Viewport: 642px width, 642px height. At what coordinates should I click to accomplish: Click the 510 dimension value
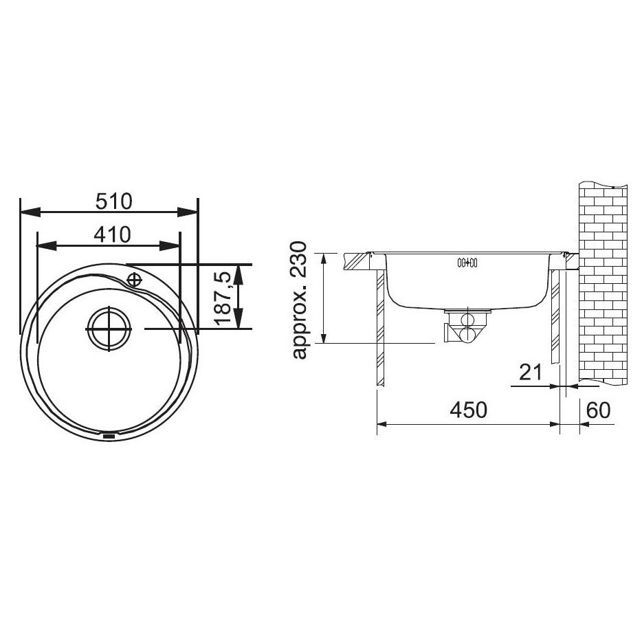114,201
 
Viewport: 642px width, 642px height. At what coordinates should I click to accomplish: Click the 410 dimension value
112,234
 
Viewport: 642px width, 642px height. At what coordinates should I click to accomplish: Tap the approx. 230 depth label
299,300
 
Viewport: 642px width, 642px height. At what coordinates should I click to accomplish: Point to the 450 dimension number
468,410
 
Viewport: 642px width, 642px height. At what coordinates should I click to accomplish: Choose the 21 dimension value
530,373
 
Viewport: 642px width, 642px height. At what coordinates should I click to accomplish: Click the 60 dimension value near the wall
599,410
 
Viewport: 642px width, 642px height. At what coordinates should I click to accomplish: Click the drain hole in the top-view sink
109,329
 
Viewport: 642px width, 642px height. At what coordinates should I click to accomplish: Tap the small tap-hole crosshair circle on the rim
134,280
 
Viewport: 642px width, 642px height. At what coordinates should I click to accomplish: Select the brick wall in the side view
603,284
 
